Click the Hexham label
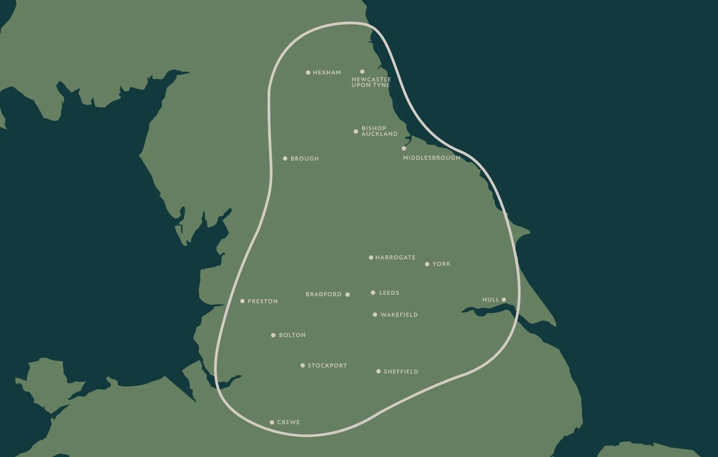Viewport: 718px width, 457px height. pos(327,72)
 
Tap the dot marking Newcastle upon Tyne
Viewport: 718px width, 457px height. pos(362,72)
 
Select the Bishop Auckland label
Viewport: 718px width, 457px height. pos(379,131)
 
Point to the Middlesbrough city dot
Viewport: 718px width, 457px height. pos(404,149)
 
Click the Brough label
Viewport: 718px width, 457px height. pos(304,159)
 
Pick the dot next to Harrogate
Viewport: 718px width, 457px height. pos(371,258)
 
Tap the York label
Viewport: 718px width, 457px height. pos(441,264)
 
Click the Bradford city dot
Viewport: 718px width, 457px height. pos(348,294)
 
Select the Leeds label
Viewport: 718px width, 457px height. pos(389,293)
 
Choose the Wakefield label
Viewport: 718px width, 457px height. pos(399,315)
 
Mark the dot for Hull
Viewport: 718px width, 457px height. pos(504,300)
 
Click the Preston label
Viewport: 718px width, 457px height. pos(263,301)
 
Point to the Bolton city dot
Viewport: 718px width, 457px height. pos(273,335)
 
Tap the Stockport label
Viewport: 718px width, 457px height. pos(327,366)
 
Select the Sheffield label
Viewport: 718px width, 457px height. pos(401,372)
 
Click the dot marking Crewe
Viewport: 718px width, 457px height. pos(272,423)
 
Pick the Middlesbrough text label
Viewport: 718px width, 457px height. pos(432,158)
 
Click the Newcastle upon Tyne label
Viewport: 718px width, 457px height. pos(371,82)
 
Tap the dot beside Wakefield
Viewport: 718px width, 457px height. pos(375,315)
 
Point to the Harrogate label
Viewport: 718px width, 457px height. pos(395,258)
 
